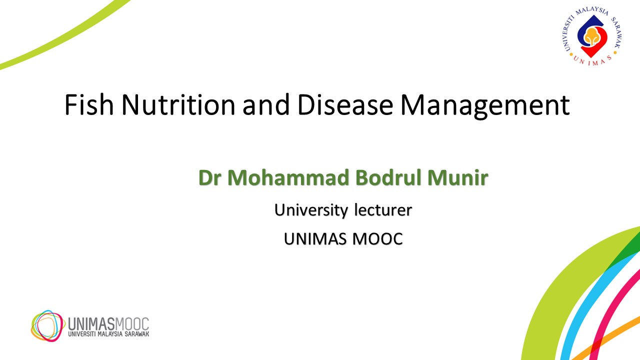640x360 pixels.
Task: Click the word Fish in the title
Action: [89, 104]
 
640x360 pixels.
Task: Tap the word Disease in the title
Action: [345, 104]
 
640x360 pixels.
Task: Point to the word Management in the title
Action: [485, 106]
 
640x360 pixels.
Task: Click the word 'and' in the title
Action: [266, 104]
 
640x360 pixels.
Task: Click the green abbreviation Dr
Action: [209, 177]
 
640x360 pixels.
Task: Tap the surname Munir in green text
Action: [457, 177]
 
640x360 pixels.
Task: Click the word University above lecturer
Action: [311, 210]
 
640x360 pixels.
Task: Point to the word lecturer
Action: [383, 209]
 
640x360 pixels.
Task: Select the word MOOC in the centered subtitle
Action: [377, 239]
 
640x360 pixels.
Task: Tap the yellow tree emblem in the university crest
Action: [591, 36]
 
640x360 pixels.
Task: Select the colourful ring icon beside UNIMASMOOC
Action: [47, 325]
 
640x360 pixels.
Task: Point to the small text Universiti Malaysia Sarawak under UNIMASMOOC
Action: [108, 334]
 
